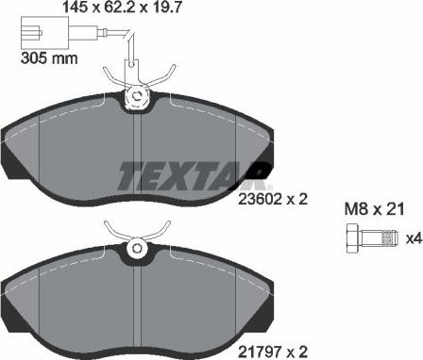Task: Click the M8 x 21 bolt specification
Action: coord(373,209)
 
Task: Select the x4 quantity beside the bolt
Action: coord(413,239)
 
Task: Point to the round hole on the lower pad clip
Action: coord(138,250)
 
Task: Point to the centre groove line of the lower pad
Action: coord(139,302)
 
